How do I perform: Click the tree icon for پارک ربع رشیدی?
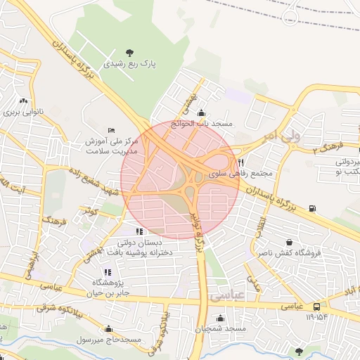[x=129, y=52]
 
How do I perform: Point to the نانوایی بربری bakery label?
[x=25, y=112]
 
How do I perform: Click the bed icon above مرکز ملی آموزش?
[x=112, y=129]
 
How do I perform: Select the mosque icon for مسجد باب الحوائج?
[x=202, y=112]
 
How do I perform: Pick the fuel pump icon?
[x=312, y=208]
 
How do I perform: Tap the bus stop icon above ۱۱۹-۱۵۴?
[x=317, y=307]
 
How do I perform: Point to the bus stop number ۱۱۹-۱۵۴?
[x=317, y=317]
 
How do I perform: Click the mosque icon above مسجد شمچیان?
[x=240, y=319]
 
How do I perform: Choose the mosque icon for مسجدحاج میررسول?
[x=108, y=328]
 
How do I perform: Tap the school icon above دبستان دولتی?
[x=139, y=231]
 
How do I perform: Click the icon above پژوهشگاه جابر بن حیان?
[x=107, y=271]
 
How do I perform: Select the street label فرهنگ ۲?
[x=329, y=147]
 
